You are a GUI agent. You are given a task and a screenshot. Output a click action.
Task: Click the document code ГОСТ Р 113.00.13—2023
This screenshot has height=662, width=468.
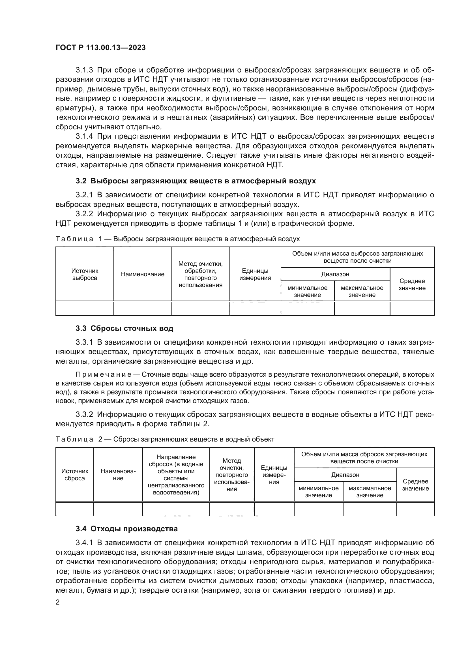[100, 48]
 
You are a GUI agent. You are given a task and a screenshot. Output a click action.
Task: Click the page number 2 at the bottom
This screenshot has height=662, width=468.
[58, 602]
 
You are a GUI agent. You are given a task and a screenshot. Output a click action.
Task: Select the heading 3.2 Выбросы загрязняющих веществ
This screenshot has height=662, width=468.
[196, 181]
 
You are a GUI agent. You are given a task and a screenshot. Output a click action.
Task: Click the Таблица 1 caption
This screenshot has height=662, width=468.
[177, 239]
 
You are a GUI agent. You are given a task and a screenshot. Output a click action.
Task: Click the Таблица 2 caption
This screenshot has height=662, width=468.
[165, 439]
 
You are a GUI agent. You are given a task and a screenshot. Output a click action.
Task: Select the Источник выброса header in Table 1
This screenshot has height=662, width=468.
[85, 274]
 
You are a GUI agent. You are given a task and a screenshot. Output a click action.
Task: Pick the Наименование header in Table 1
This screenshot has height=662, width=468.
[143, 274]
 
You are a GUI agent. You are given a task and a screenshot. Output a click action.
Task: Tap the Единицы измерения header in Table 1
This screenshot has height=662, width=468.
[255, 274]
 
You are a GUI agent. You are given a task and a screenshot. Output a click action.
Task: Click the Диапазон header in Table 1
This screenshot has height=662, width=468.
[335, 274]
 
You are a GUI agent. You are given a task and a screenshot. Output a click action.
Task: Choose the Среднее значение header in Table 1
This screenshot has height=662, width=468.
[412, 284]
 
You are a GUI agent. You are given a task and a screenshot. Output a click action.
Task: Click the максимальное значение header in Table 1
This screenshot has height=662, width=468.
[362, 291]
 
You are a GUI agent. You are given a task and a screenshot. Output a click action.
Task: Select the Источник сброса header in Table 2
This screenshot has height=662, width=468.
[75, 475]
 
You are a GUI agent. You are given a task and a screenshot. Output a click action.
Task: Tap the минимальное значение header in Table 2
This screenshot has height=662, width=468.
[318, 492]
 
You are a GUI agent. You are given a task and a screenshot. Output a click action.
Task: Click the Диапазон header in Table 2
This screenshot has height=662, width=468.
[345, 475]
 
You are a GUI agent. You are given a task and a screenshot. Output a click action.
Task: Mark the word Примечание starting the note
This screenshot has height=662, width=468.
[104, 374]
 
